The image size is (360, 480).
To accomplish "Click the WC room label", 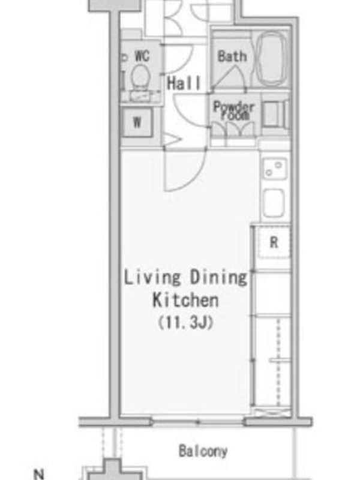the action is tap(142, 56).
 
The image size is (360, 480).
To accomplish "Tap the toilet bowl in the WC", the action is tap(140, 77).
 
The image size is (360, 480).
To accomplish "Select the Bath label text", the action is tap(232, 56).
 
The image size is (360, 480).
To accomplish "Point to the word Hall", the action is tap(184, 83).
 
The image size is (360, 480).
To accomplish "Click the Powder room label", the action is tap(233, 111).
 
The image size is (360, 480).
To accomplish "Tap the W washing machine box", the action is tap(137, 122).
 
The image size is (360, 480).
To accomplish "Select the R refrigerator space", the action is tap(274, 242).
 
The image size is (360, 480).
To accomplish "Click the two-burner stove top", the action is tap(274, 169).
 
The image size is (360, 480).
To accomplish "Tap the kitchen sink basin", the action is tap(274, 203).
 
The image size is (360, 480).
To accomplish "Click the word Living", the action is tap(152, 278).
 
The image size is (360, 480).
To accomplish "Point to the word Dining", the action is tap(218, 278).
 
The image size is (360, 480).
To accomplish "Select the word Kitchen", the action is tap(185, 301).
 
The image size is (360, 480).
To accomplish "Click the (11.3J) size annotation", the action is tap(185, 322).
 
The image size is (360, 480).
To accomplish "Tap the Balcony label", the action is tap(203, 451).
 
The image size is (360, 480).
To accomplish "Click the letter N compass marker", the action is tap(39, 474).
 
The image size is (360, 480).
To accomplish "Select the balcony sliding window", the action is tap(198, 422).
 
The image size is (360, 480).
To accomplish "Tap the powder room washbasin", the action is tap(274, 114).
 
